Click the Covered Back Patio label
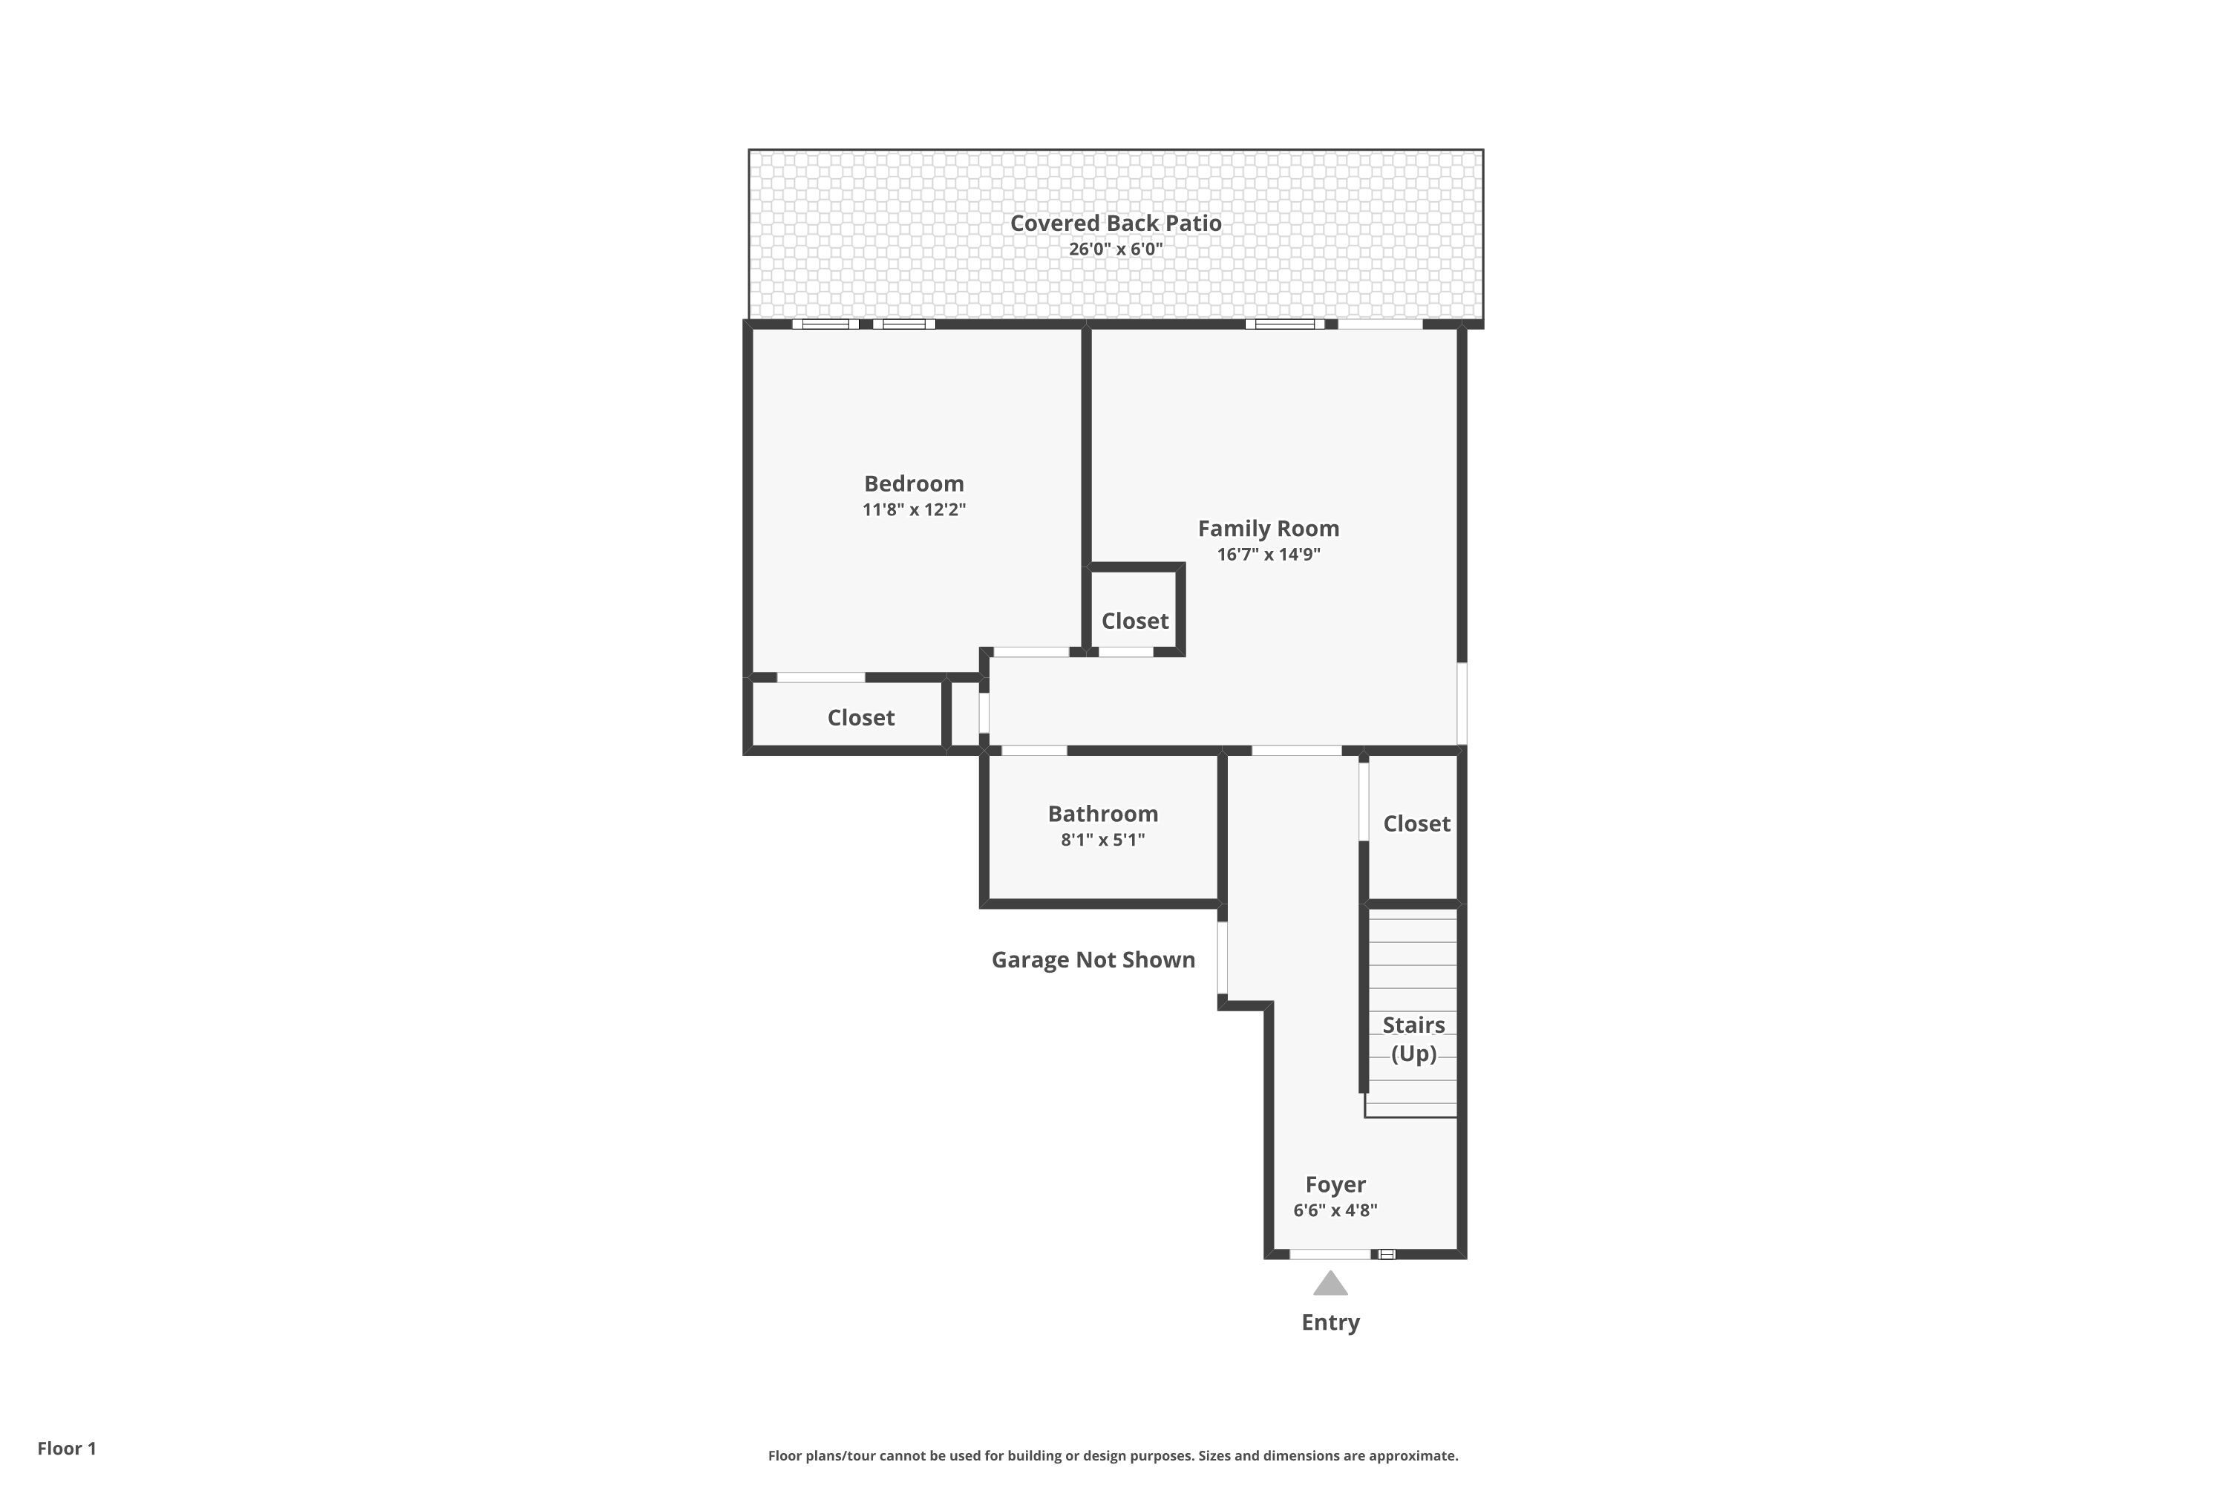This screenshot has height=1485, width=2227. [1116, 223]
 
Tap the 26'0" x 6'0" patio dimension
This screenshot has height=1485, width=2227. [1116, 249]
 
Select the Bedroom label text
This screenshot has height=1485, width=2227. [914, 483]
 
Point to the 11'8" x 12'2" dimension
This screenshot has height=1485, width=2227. [914, 509]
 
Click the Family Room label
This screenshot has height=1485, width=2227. [1268, 529]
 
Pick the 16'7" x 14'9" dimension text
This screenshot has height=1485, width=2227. [1268, 554]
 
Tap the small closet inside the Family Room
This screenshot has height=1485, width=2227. [1134, 620]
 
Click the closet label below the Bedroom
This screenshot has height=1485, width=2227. [860, 717]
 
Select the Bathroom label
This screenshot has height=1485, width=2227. [1102, 814]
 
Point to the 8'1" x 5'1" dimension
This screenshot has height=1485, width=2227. [1102, 839]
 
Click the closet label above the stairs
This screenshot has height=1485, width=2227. [1416, 823]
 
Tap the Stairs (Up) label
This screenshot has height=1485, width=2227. [1413, 1038]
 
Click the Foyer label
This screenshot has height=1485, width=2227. [1335, 1184]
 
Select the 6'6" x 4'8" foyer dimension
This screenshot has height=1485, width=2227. [1335, 1210]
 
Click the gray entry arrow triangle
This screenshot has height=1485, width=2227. [1330, 1285]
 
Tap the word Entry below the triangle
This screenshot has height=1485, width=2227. [1330, 1322]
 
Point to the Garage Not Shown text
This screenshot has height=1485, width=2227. [1093, 959]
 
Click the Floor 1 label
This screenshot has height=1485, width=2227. [66, 1448]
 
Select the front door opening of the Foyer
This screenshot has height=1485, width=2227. [1330, 1254]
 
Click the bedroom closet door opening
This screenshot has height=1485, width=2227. [820, 677]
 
